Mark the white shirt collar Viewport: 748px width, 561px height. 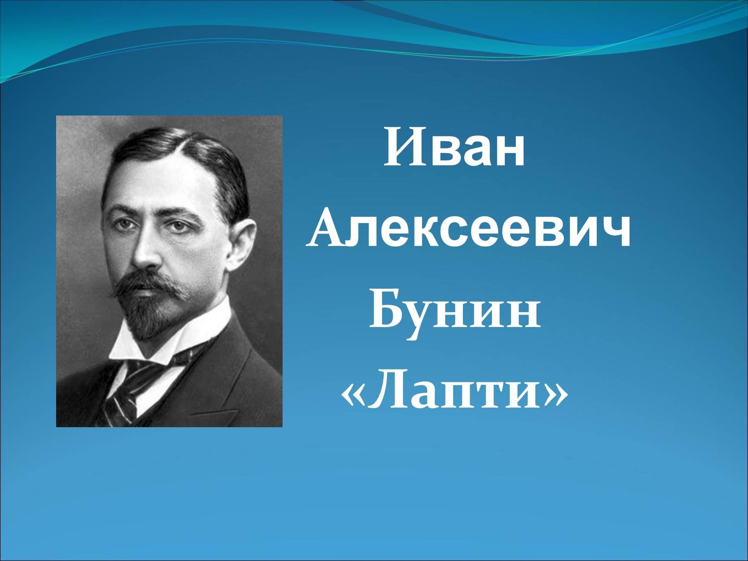166,341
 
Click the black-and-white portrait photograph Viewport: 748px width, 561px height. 169,271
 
